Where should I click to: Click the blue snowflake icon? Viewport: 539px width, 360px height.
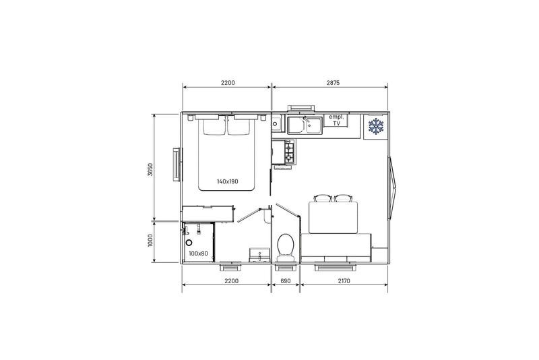[375, 126]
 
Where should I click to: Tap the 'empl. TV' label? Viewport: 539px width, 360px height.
[336, 120]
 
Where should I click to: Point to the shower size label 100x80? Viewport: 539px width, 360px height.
[198, 253]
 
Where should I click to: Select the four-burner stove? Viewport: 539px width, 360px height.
[289, 152]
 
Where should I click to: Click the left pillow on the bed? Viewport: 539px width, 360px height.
[212, 126]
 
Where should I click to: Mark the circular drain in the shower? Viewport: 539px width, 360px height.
[189, 241]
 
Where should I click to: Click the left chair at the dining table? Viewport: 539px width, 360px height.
[322, 199]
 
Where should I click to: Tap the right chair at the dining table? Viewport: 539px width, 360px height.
[343, 199]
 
